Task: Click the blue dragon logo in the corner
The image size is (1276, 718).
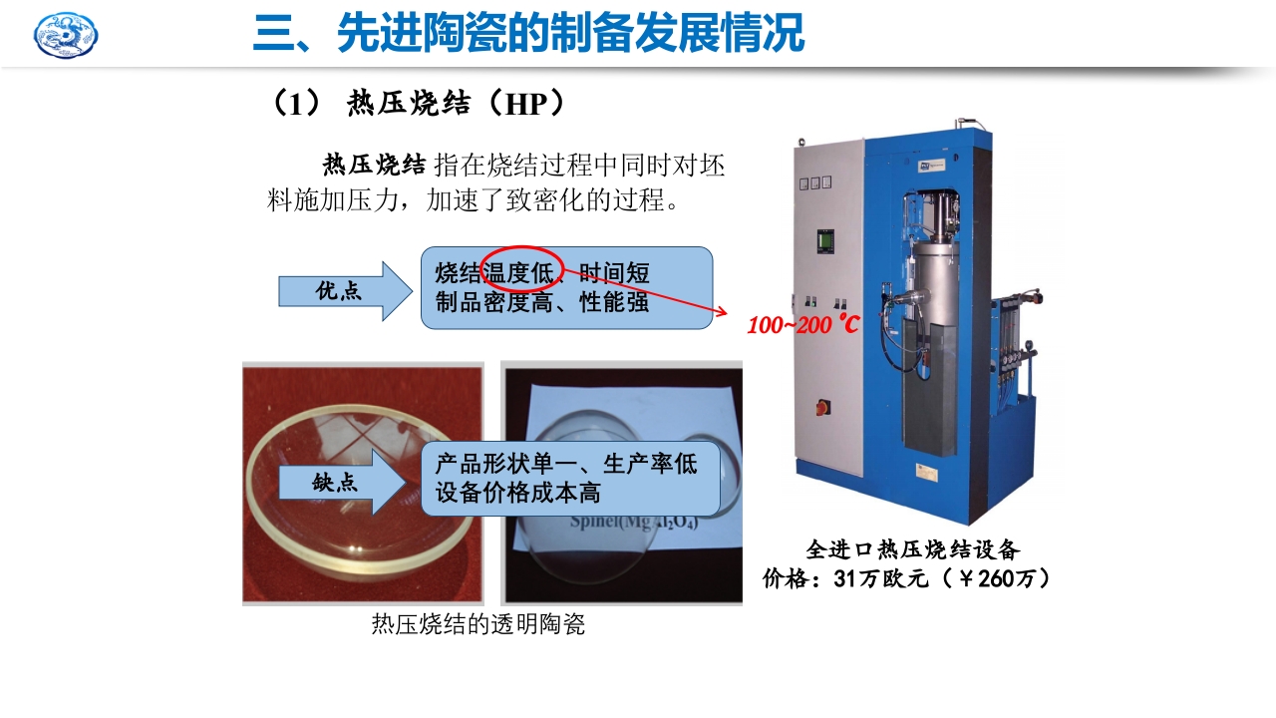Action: [66, 35]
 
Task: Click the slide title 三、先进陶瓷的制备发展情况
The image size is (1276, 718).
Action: [527, 33]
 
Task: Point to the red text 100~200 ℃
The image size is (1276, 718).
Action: [802, 325]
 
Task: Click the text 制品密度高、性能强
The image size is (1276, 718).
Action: [542, 302]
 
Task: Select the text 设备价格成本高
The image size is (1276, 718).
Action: [518, 493]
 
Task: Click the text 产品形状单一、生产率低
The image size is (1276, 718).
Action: [566, 464]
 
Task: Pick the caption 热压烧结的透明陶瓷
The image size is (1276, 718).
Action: [478, 625]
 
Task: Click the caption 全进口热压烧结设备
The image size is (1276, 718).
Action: [912, 549]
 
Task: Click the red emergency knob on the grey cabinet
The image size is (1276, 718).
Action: [823, 407]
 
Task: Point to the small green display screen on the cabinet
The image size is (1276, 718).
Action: [824, 240]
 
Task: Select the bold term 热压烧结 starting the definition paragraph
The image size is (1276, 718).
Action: [375, 165]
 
